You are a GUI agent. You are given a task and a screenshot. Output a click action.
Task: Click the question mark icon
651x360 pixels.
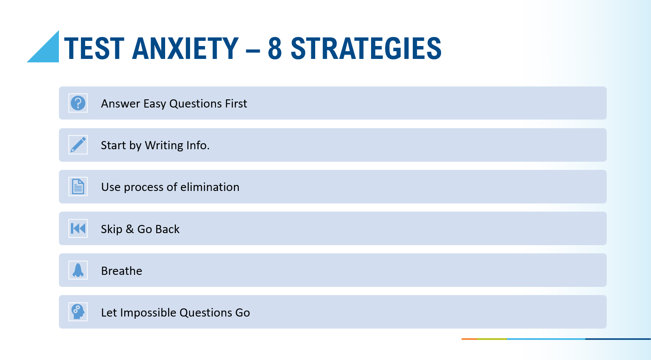click(78, 103)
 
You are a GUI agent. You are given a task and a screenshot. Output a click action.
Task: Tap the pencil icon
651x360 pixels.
click(78, 145)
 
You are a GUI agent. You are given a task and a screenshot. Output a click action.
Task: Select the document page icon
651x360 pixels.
click(78, 186)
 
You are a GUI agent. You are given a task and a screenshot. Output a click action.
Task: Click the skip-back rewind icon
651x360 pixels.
click(78, 228)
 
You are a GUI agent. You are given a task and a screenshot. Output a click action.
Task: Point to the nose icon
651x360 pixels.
click(78, 270)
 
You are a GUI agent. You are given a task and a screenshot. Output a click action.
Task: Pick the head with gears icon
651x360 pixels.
click(78, 312)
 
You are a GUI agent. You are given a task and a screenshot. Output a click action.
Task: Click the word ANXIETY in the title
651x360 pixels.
click(185, 49)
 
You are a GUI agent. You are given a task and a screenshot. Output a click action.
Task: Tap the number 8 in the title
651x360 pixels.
click(275, 49)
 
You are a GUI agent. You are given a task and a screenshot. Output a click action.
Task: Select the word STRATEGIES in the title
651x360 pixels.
click(366, 49)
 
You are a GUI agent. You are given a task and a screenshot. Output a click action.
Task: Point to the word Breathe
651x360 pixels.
click(122, 271)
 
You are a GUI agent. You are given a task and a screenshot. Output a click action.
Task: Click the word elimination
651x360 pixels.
click(209, 187)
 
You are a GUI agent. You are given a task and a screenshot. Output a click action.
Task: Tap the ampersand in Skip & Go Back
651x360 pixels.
click(129, 229)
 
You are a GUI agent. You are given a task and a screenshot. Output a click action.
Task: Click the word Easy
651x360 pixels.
click(155, 104)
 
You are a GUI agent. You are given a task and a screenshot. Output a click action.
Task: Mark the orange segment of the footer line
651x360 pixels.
click(470, 339)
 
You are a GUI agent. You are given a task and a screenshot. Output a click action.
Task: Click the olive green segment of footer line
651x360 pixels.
click(492, 339)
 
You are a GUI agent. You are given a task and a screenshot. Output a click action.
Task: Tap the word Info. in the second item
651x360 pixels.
click(198, 145)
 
